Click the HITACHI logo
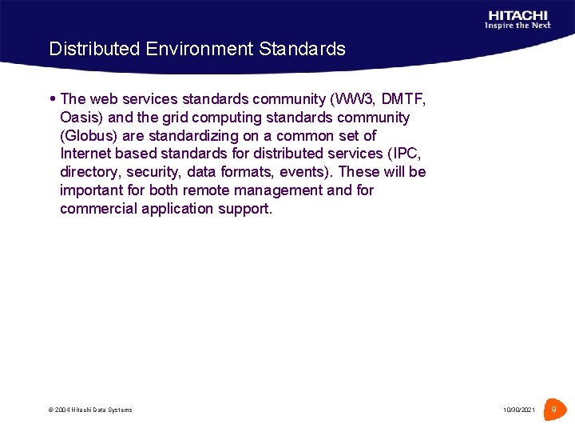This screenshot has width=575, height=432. point(518,14)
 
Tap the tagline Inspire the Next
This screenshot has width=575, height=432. point(517,26)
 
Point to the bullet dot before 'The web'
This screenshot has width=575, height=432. point(53,99)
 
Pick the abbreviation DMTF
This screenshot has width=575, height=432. point(403,99)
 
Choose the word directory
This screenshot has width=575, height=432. point(90,172)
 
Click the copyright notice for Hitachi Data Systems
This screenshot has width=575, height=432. point(90,410)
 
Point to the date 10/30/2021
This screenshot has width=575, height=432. point(519,410)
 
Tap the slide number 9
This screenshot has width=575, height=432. point(553,410)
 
